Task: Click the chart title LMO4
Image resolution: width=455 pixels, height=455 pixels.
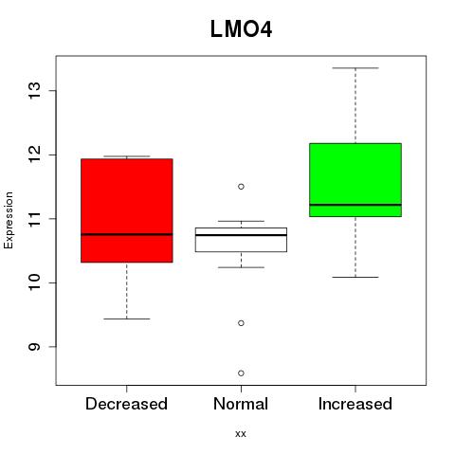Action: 241,29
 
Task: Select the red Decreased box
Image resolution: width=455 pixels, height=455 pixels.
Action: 127,210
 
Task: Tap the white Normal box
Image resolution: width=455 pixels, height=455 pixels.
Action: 241,240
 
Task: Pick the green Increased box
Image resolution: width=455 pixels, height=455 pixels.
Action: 355,180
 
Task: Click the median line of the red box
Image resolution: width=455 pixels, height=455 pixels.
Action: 127,234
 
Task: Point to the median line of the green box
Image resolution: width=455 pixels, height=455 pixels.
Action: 355,205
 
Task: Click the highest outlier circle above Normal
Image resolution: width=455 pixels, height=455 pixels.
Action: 241,187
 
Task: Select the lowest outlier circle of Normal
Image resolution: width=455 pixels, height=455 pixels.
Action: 241,373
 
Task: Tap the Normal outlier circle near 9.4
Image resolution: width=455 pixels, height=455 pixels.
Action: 241,323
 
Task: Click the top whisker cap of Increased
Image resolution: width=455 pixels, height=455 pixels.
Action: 355,68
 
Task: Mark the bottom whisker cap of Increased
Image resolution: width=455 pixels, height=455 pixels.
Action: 355,277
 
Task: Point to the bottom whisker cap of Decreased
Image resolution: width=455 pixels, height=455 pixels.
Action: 127,318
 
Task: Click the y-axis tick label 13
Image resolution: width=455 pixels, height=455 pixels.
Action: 34,91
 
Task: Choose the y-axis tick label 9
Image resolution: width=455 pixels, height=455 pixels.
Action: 34,347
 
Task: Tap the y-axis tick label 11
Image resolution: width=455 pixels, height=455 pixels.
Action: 34,219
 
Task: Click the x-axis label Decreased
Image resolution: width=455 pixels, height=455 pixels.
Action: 126,404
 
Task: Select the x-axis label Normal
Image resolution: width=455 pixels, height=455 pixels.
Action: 241,404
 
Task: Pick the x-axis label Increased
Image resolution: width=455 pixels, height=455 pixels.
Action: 355,404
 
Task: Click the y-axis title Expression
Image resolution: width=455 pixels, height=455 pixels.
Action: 9,220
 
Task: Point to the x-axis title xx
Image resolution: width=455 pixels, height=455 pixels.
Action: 241,434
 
